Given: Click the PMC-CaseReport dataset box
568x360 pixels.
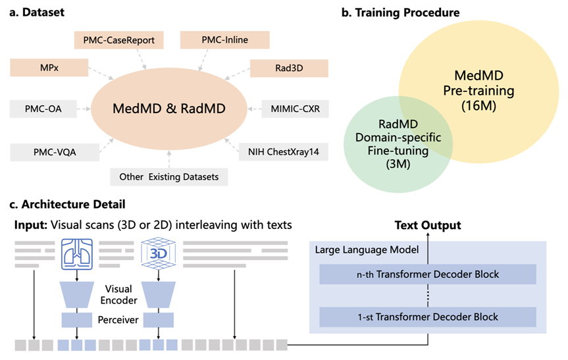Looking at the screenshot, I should [x=119, y=41].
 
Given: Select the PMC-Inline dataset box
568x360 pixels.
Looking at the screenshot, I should [x=225, y=40].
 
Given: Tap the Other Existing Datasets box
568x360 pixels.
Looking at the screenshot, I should [x=168, y=177].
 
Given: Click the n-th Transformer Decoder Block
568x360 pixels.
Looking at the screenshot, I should [x=428, y=274].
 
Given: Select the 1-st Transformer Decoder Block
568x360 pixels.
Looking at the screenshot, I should [x=428, y=317].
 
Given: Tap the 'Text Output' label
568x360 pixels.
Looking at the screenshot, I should [x=428, y=225].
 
